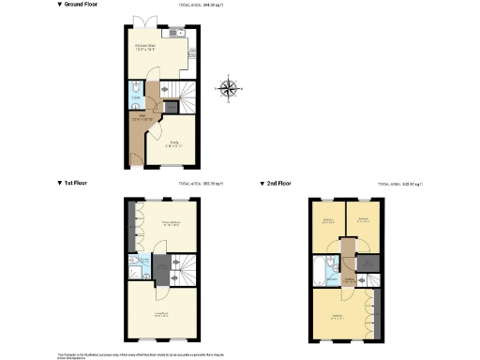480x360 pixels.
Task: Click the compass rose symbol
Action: pyautogui.click(x=228, y=89)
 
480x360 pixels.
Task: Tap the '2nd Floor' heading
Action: pyautogui.click(x=278, y=184)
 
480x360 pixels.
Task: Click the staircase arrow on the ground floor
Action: pyautogui.click(x=165, y=91)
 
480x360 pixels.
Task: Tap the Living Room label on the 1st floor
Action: pyautogui.click(x=160, y=314)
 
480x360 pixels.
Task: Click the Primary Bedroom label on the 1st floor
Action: pyautogui.click(x=170, y=224)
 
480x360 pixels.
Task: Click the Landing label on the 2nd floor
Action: pyautogui.click(x=349, y=278)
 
